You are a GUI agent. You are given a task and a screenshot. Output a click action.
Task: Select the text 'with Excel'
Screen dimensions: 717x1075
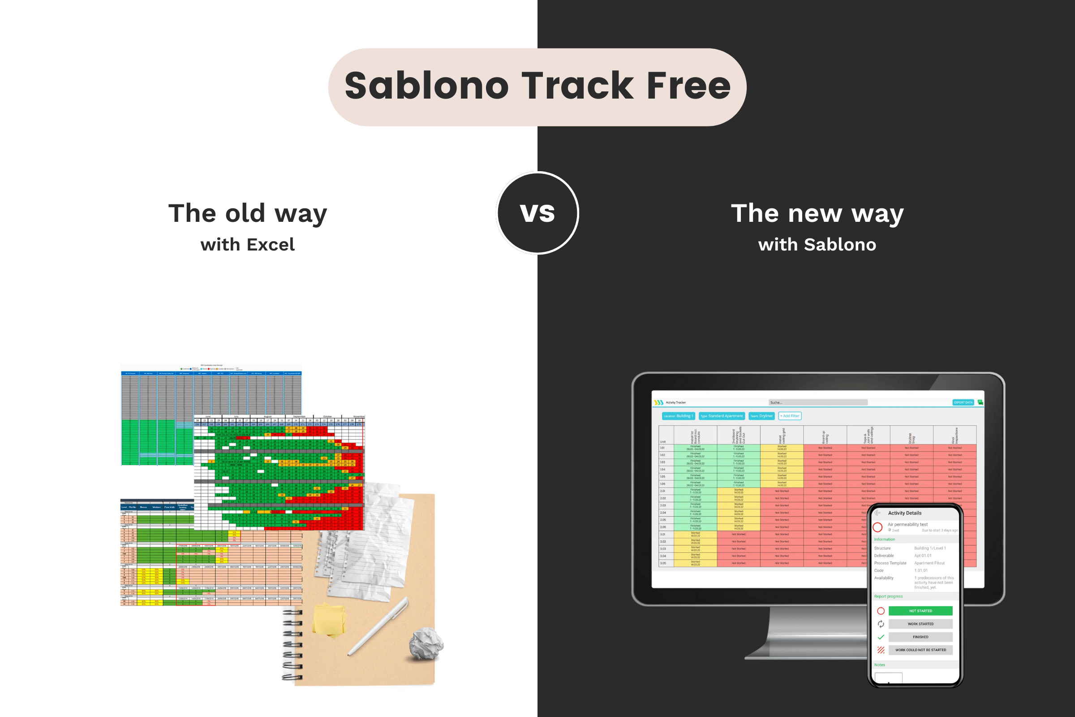pyautogui.click(x=248, y=245)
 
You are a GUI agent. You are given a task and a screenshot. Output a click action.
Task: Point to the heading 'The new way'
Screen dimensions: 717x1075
pyautogui.click(x=817, y=214)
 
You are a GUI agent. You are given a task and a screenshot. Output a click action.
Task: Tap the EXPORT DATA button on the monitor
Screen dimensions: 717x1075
pyautogui.click(x=963, y=402)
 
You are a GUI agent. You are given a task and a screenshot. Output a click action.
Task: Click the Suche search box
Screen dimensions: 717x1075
pyautogui.click(x=818, y=402)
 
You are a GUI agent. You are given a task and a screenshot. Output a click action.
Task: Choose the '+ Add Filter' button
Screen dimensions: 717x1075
pyautogui.click(x=790, y=416)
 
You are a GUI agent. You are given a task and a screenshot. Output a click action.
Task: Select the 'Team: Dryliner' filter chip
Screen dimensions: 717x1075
pyautogui.click(x=761, y=416)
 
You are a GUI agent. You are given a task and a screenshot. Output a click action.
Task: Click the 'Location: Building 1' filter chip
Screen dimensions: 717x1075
pyautogui.click(x=678, y=416)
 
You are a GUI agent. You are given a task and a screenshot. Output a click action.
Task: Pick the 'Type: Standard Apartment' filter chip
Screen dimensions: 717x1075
pyautogui.click(x=721, y=416)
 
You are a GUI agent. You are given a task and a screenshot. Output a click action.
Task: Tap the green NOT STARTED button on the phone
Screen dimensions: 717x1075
pyautogui.click(x=920, y=611)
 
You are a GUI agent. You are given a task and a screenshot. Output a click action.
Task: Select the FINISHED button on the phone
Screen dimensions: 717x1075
pyautogui.click(x=920, y=637)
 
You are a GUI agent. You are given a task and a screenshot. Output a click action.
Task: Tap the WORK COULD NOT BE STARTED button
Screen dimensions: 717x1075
pyautogui.click(x=920, y=650)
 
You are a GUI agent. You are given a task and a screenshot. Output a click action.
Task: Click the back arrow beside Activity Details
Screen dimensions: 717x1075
pyautogui.click(x=877, y=513)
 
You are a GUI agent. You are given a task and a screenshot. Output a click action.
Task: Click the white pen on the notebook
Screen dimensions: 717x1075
pyautogui.click(x=378, y=626)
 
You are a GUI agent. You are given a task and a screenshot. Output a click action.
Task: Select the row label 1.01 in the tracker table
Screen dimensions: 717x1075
pyautogui.click(x=663, y=448)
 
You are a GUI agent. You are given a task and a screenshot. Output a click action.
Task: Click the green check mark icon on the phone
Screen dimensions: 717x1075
pyautogui.click(x=881, y=637)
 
